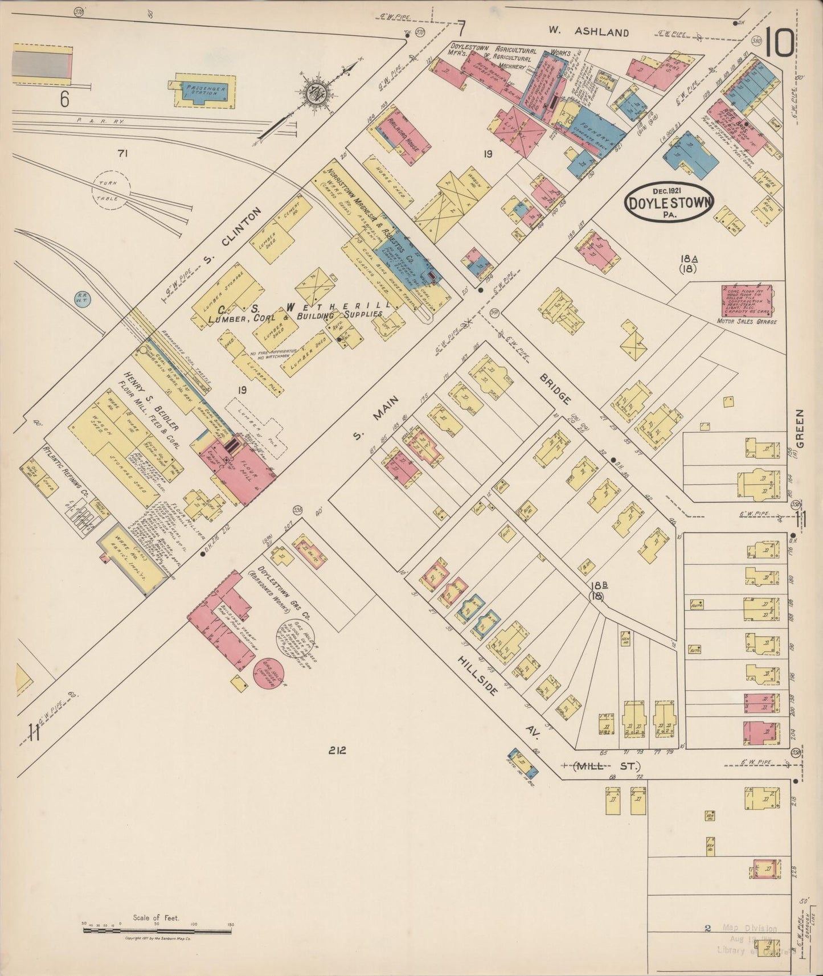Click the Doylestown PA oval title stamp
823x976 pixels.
click(668, 202)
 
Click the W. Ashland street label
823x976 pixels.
click(589, 32)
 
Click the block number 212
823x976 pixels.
click(336, 751)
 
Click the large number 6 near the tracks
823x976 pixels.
click(64, 99)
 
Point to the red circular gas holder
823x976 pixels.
click(266, 674)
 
